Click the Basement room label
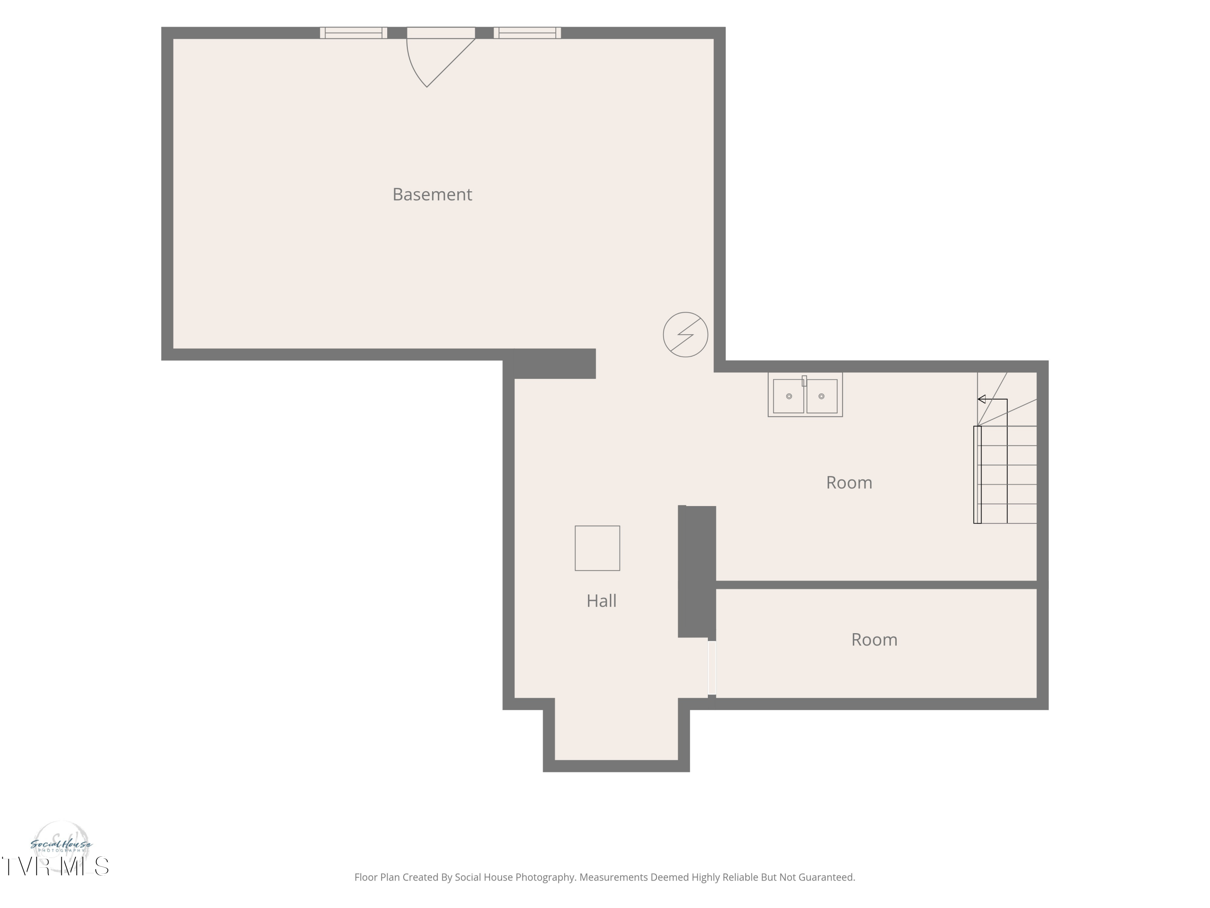(432, 194)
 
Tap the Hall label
(601, 601)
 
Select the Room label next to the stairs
(849, 483)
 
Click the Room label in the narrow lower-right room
(874, 640)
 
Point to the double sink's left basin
(788, 396)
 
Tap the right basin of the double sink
(822, 396)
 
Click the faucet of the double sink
(804, 381)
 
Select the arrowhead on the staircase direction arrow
(981, 399)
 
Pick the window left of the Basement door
(353, 33)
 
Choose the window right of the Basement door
(527, 33)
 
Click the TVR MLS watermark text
(55, 866)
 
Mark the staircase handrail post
(977, 475)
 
